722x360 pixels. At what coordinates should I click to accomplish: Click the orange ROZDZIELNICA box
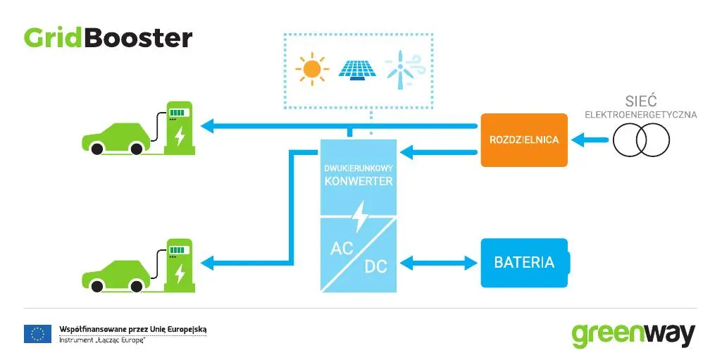[x=524, y=140]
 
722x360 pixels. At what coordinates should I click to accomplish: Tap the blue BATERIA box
[x=525, y=263]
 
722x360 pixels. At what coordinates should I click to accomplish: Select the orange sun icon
[x=312, y=69]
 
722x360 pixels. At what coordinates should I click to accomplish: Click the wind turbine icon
[x=402, y=69]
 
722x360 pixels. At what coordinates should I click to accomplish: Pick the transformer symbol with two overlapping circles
[x=641, y=140]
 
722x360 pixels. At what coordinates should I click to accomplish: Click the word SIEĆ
[x=641, y=101]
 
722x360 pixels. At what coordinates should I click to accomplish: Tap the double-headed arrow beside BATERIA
[x=439, y=263]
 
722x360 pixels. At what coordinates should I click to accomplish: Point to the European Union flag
[x=37, y=334]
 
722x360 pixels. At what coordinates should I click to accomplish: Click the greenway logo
[x=633, y=335]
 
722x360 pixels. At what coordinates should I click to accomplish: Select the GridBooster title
[x=108, y=38]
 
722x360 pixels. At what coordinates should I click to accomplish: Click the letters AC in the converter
[x=342, y=249]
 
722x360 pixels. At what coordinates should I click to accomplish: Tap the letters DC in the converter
[x=375, y=266]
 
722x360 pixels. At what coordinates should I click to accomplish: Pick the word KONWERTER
[x=359, y=181]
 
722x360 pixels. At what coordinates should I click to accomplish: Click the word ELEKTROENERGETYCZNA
[x=641, y=115]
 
